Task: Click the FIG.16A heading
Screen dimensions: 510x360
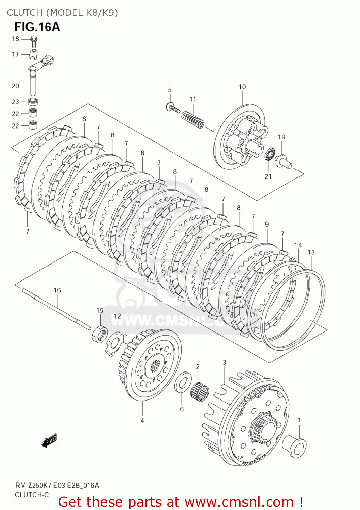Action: (37, 27)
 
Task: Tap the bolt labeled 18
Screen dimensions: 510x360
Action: (34, 40)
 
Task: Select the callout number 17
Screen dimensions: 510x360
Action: (15, 54)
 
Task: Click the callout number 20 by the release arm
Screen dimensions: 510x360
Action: (15, 86)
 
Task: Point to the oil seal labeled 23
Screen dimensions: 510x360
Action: (33, 101)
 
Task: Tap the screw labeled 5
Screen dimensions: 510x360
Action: (173, 108)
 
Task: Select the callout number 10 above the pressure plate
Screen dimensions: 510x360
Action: (242, 87)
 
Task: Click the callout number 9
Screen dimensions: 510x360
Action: (267, 224)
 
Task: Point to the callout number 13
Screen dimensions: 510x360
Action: (311, 252)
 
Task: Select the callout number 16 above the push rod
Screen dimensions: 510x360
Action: (57, 290)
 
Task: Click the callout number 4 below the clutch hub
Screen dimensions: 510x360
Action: (142, 421)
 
